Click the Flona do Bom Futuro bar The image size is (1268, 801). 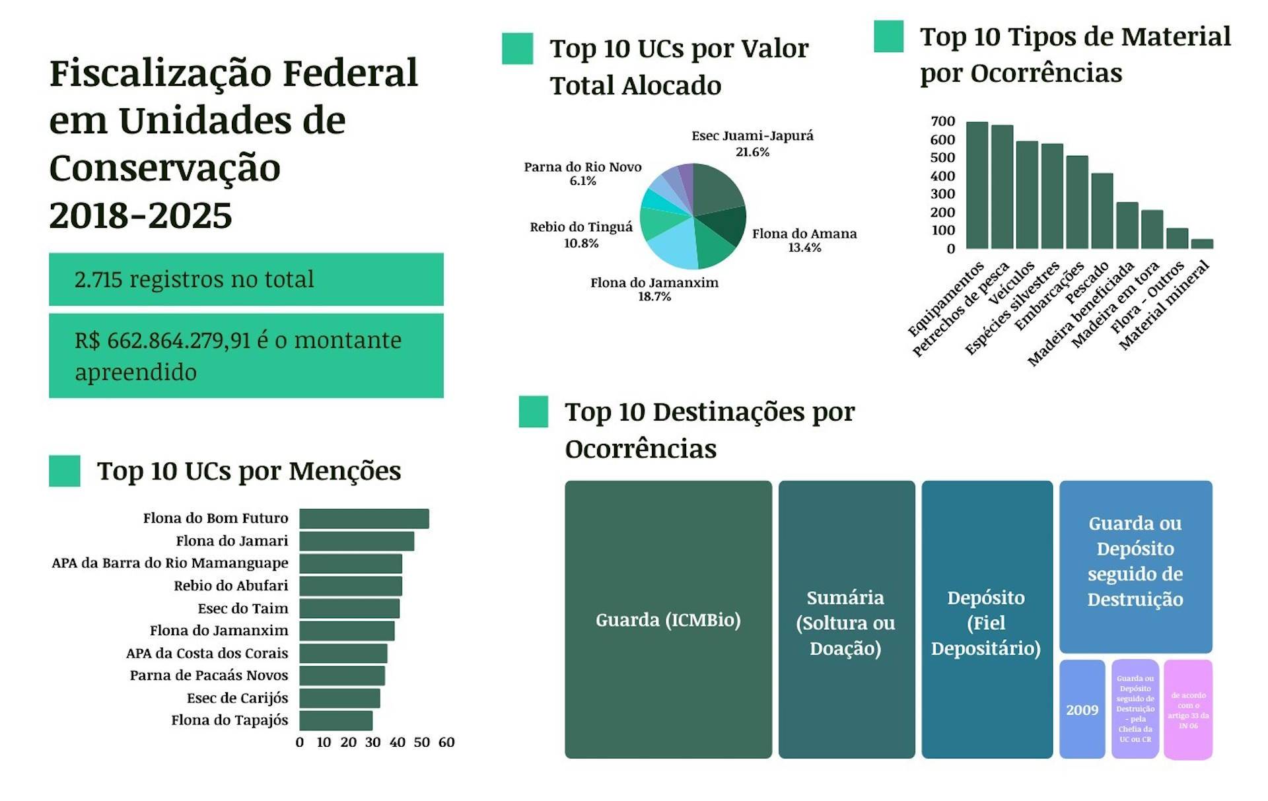point(364,518)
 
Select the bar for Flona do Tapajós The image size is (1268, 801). point(335,720)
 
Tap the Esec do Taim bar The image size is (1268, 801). point(349,608)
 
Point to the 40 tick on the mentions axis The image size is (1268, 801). point(398,742)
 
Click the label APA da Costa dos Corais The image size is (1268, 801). point(207,653)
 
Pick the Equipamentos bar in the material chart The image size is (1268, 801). point(977,185)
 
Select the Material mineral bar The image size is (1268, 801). point(1202,244)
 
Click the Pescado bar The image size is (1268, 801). point(1102,211)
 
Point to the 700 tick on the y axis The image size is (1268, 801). point(942,122)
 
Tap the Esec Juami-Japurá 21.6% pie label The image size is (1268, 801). point(752,143)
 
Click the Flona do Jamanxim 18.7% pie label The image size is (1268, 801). point(654,289)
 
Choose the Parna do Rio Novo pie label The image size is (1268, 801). point(582,174)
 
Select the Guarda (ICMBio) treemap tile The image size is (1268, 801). point(668,619)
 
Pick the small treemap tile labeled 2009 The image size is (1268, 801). point(1082,709)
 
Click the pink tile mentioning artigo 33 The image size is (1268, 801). point(1187,710)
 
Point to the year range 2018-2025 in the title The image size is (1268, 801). point(141,216)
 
